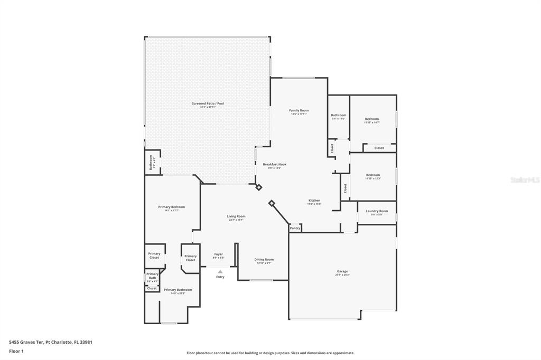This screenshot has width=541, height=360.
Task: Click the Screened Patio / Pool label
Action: coord(208,103)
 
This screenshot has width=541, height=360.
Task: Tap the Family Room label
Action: coord(299,110)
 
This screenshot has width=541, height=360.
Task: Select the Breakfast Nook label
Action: coord(275,164)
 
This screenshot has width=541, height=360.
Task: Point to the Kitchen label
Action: coord(314,201)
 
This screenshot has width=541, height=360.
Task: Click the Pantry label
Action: coord(295,228)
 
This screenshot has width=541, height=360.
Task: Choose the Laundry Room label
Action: coord(377,211)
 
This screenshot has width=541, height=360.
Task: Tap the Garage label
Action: coord(342,271)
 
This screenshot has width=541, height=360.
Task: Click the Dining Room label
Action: coord(264,259)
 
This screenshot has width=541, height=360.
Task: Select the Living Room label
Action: coord(236,216)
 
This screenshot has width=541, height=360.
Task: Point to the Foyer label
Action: coord(218,254)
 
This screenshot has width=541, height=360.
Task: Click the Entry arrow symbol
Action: coord(220,272)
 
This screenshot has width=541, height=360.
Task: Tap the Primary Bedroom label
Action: coord(172,207)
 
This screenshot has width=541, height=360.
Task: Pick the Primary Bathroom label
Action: coord(178,290)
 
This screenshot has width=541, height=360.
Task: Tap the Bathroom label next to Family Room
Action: coord(338,115)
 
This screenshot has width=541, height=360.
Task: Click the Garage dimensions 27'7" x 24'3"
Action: coord(342,275)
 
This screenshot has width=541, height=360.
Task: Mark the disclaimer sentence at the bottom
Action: coord(270,353)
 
